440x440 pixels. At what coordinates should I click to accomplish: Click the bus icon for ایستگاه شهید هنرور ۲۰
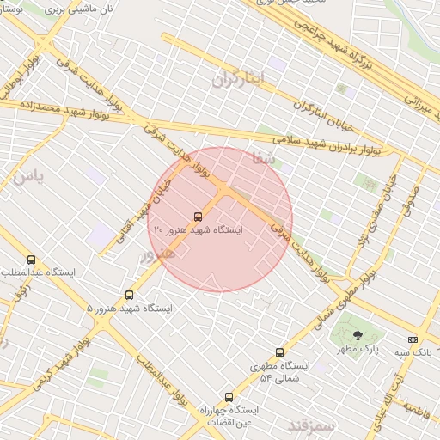pos(199,217)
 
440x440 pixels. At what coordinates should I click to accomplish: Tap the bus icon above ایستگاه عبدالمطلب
pos(32,260)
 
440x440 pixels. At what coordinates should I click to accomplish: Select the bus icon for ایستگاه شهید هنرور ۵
pos(130,295)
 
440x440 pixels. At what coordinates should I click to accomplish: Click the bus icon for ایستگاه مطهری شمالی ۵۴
pos(279,352)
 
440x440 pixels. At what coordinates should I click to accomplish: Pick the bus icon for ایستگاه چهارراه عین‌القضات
pos(229,397)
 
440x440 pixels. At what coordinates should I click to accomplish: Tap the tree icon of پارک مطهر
pos(357,335)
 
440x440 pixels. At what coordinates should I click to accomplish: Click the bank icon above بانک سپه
pos(413,339)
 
